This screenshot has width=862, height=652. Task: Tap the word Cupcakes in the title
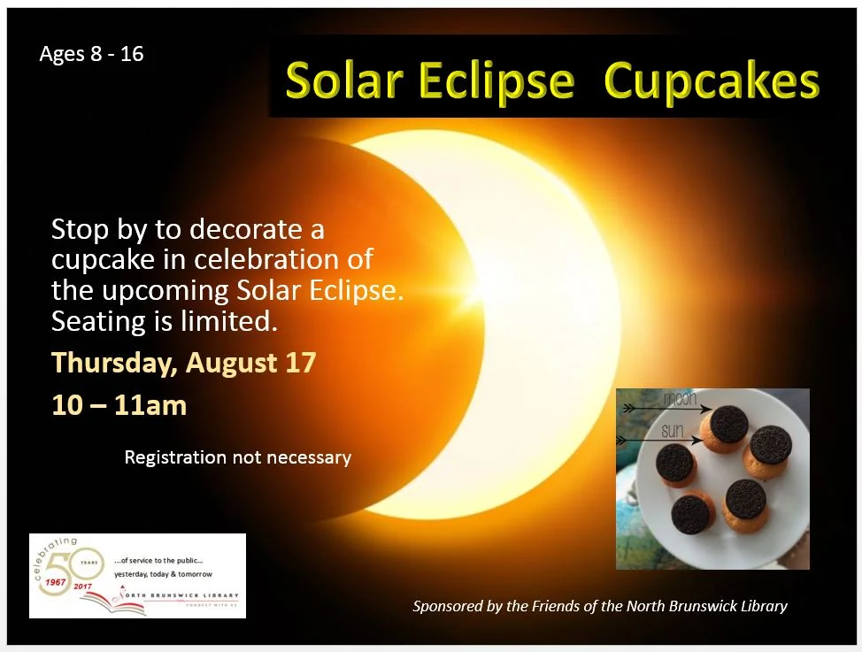tap(712, 81)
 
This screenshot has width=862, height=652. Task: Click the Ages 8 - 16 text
tap(91, 55)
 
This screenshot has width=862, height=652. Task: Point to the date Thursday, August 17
tap(183, 363)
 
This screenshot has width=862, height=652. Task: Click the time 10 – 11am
tap(119, 405)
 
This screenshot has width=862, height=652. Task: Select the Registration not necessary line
tap(237, 457)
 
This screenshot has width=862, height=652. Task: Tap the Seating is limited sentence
tap(165, 322)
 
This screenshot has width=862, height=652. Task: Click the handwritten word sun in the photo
tap(673, 432)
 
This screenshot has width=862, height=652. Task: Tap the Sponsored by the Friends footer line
tap(599, 606)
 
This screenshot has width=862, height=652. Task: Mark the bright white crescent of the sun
tap(549, 318)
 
